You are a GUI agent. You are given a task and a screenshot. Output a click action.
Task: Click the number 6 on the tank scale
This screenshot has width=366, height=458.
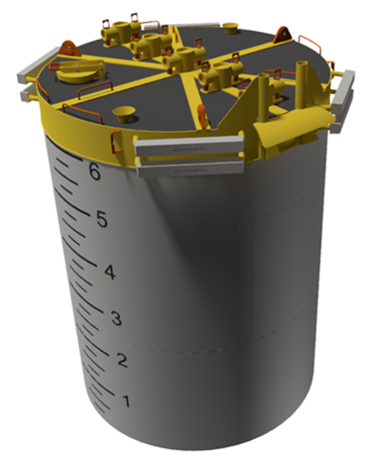(x=93, y=172)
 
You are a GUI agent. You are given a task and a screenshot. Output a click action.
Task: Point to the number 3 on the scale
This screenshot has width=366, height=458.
(x=116, y=319)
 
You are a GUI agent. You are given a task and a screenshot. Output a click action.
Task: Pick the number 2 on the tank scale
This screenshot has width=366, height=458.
(x=122, y=360)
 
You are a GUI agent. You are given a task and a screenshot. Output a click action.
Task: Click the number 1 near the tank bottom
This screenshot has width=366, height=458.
(x=126, y=402)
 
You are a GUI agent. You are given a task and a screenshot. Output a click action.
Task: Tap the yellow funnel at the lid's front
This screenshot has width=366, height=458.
(x=124, y=113)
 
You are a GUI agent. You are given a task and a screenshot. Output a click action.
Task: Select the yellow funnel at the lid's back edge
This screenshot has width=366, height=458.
(x=230, y=27)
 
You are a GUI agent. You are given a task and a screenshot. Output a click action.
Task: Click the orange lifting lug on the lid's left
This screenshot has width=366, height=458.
(x=70, y=47)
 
